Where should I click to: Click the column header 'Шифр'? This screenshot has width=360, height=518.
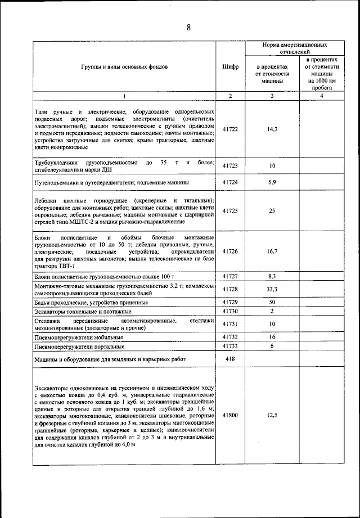coord(231,66)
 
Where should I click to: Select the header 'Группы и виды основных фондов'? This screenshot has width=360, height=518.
coord(124,66)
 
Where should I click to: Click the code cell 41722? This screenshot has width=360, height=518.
coord(231,129)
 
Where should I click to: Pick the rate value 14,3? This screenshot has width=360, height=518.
coord(272,129)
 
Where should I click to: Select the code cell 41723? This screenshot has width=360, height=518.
coord(231,166)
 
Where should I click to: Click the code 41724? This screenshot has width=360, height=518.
coord(231,183)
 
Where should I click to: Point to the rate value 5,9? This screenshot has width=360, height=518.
coord(272,183)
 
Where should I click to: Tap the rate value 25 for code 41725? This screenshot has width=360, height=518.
coord(272,211)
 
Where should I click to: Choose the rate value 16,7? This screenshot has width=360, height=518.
coord(272,251)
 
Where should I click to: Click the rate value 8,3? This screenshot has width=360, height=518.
coord(272,277)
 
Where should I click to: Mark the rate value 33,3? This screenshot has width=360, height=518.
coord(272,289)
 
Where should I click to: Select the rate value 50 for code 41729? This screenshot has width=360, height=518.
coord(272,302)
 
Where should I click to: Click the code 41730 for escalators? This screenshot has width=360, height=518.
coord(231,311)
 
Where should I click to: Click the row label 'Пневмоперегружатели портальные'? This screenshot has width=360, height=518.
coord(79,346)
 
